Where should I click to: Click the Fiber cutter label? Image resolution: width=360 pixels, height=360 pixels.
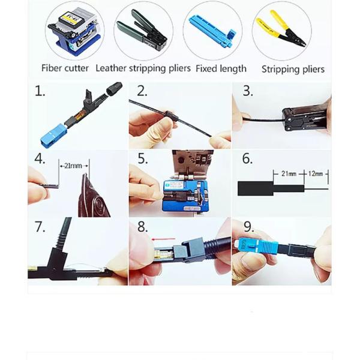tap(65, 68)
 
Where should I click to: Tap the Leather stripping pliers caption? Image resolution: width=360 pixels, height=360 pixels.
tap(143, 68)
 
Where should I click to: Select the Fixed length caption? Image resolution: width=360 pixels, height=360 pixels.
tap(221, 68)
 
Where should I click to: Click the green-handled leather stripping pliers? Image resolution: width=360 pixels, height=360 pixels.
tap(143, 30)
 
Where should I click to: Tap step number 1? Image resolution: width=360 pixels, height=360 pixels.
tap(40, 91)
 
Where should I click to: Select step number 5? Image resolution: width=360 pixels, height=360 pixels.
tap(143, 159)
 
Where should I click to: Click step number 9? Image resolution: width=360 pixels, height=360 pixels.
tap(247, 227)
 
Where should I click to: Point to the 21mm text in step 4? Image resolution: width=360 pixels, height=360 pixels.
tap(73, 163)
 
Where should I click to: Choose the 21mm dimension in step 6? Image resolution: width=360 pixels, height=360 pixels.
tap(289, 173)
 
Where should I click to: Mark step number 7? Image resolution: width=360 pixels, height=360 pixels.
tap(40, 227)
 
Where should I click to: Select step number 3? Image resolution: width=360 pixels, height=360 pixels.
tap(247, 91)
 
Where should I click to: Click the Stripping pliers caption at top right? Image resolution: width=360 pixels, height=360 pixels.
tap(293, 69)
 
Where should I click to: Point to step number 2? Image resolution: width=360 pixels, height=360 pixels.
tap(143, 91)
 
